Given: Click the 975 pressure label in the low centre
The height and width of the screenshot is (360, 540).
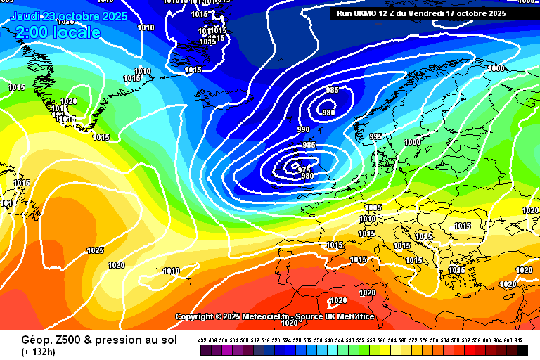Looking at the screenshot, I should coord(304,169).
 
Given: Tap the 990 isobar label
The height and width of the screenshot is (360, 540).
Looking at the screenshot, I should coord(303,129).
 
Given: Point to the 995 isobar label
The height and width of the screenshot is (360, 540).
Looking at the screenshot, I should coord(375,136).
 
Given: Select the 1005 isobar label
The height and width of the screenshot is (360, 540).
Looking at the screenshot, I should coord(373,207).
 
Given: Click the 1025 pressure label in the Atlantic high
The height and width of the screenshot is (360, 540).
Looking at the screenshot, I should coord(96,250).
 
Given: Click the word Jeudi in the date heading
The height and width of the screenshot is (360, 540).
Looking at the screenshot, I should coord(25,16).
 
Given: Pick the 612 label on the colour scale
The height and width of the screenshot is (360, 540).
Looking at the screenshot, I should coord(520,340).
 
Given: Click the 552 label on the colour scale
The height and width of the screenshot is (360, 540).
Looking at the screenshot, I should coord(361,340).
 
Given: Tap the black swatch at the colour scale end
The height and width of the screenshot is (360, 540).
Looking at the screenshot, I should coord(522,349).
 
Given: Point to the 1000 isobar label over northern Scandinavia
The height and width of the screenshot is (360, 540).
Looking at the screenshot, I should coord(496,68).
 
